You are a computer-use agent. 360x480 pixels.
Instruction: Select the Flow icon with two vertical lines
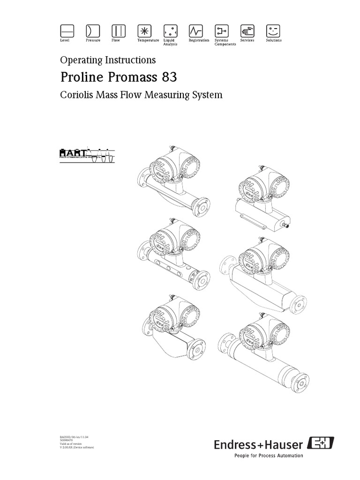point(118,31)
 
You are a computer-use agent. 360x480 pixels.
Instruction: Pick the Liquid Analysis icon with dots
point(170,31)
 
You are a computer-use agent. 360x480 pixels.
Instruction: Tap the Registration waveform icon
point(195,31)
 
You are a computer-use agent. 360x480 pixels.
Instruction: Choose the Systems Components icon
point(221,31)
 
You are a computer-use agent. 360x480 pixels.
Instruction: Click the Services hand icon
point(247,31)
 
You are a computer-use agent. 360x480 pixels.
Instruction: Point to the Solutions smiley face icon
point(272,31)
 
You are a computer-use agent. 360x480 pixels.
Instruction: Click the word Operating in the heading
point(79,60)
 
